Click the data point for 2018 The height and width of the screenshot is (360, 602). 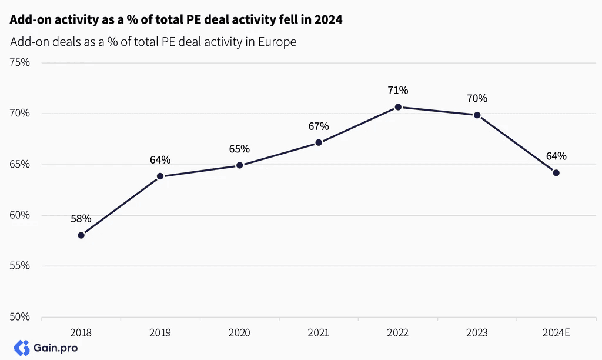[81, 235]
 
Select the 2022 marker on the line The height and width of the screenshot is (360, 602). [398, 107]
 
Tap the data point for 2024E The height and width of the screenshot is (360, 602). [556, 173]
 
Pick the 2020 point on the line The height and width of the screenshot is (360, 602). [240, 165]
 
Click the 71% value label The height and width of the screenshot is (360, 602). [398, 90]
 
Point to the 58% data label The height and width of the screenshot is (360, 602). [81, 219]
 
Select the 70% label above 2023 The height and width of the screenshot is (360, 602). [477, 98]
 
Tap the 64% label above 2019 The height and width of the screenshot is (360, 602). [160, 159]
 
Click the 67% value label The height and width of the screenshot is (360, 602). [319, 126]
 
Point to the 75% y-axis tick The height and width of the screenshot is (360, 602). [19, 62]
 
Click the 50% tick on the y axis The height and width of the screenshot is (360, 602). [19, 317]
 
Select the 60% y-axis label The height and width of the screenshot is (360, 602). [19, 215]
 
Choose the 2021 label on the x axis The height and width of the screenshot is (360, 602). [318, 333]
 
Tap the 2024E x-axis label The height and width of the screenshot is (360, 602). [556, 333]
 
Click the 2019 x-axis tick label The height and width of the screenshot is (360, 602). [160, 333]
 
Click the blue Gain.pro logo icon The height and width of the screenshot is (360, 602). [22, 348]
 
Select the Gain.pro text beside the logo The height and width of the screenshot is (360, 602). [56, 348]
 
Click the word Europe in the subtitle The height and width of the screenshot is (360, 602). [277, 42]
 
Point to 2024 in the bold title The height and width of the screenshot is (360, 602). [328, 19]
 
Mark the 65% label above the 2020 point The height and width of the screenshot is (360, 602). [240, 149]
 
